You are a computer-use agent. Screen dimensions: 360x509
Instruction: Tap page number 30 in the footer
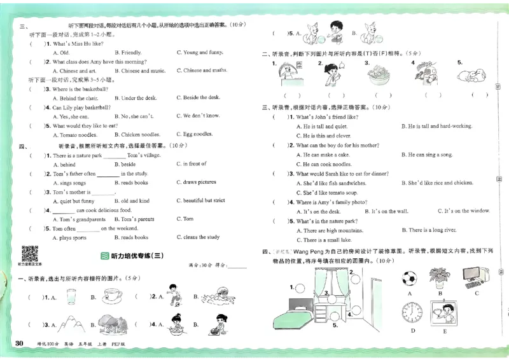pos(19,344)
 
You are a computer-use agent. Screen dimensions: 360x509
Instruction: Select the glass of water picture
pos(70,297)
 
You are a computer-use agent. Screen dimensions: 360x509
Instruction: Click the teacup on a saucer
pos(113,295)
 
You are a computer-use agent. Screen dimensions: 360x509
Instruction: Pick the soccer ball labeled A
pos(410,278)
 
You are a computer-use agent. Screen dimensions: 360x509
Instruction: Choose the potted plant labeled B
pos(438,276)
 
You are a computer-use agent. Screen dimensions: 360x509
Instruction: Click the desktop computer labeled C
pos(475,274)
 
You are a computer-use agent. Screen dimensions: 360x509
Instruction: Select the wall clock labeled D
pos(412,313)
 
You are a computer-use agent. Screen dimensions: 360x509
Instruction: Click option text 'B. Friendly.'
pos(128,52)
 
